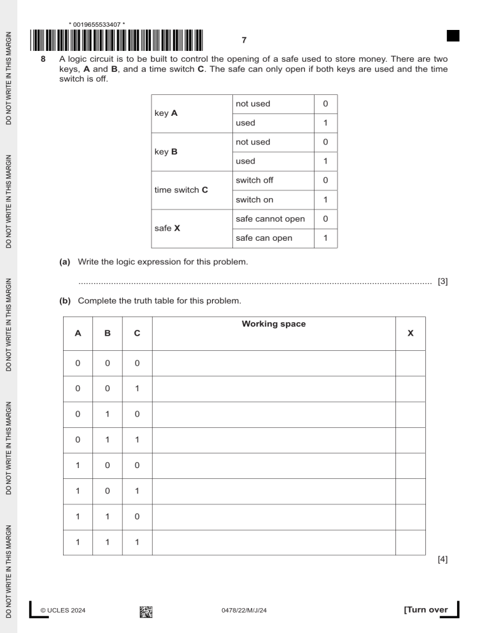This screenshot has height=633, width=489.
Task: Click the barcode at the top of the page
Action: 117,40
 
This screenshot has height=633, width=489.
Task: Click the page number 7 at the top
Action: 244,41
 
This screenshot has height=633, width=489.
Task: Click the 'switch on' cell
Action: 253,199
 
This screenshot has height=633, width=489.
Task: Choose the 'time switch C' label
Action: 184,190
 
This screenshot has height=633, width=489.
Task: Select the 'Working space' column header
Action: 274,324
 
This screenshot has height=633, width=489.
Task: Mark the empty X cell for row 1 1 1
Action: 410,543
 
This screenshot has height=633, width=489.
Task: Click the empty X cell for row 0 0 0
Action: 410,363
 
